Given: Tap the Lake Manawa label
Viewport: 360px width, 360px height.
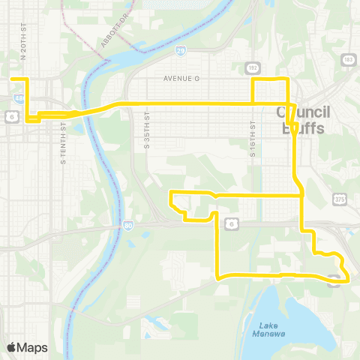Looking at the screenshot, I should [x=271, y=328].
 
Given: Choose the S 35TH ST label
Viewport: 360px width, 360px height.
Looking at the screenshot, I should [x=148, y=128].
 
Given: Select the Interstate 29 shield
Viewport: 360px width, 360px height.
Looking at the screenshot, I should [x=181, y=51].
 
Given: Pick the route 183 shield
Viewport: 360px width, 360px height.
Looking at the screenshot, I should [x=349, y=58].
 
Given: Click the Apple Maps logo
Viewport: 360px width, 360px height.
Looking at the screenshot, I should [x=27, y=347].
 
